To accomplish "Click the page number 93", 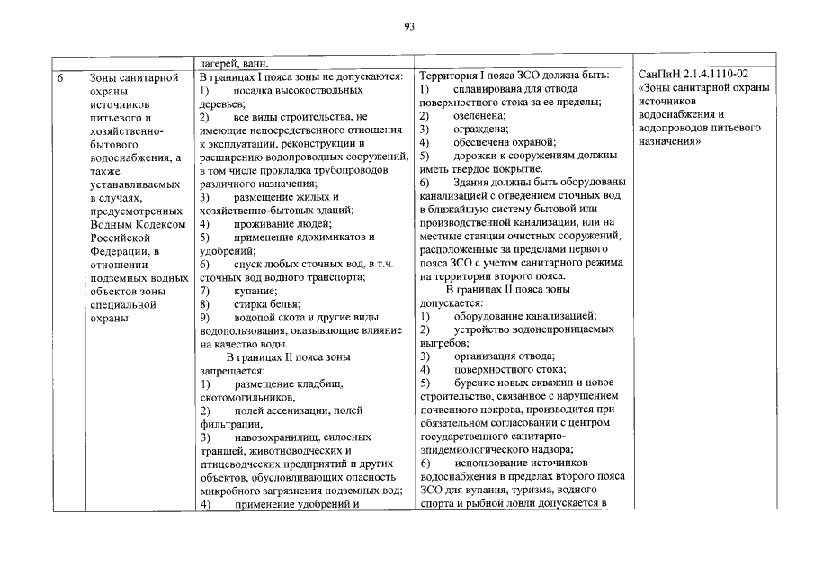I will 407,28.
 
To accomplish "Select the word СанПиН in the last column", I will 659,72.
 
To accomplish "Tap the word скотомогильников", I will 246,398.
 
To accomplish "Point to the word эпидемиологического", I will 479,452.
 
